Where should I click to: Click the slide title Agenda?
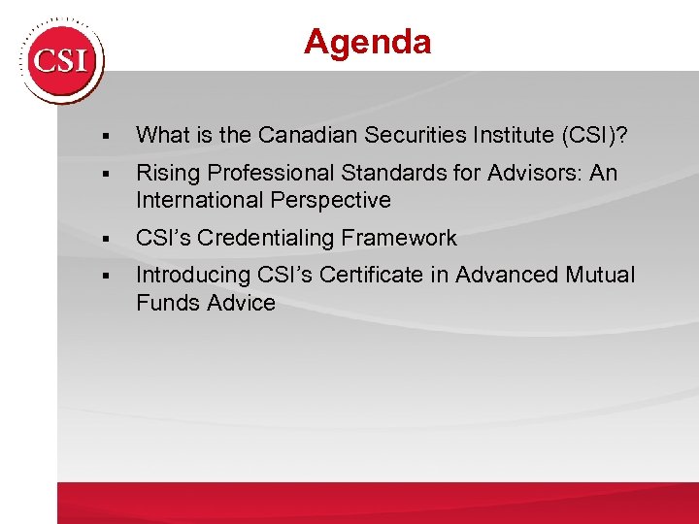click(367, 42)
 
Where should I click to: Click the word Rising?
click(166, 174)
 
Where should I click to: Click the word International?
click(197, 201)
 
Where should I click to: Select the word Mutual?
click(601, 276)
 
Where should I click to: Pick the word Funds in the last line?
click(165, 303)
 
